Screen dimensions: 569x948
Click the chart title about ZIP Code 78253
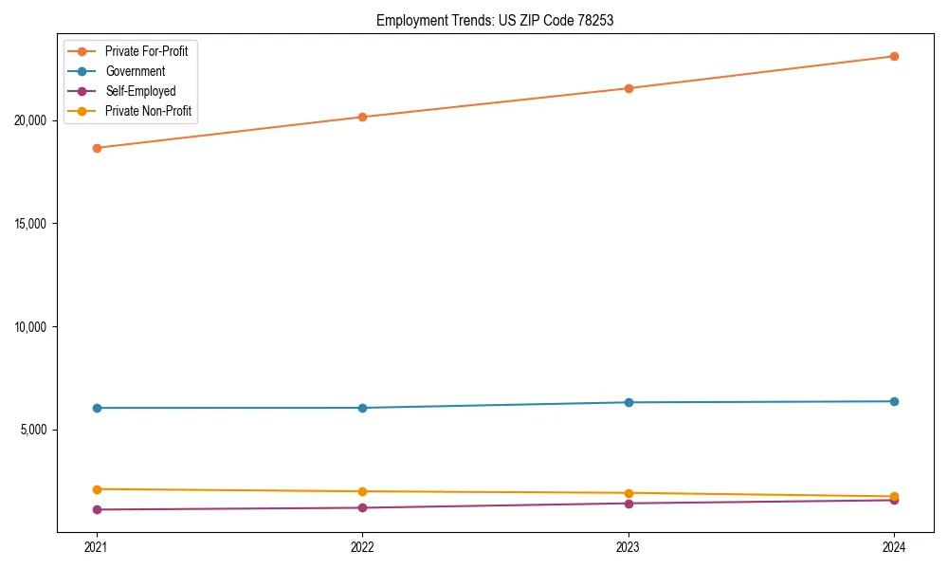pyautogui.click(x=495, y=20)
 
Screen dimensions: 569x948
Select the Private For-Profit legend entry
pyautogui.click(x=146, y=51)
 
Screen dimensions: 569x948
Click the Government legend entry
pyautogui.click(x=135, y=71)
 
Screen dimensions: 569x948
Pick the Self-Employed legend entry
pyautogui.click(x=140, y=91)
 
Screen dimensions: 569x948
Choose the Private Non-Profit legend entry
pyautogui.click(x=148, y=111)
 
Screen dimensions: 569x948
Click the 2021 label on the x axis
pyautogui.click(x=96, y=547)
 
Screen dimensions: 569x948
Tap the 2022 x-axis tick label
pyautogui.click(x=362, y=547)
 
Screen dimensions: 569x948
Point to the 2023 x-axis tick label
pyautogui.click(x=629, y=547)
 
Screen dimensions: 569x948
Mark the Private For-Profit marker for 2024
pyautogui.click(x=895, y=56)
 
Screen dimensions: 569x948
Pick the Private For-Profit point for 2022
pyautogui.click(x=362, y=117)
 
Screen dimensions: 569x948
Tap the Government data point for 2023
pyautogui.click(x=629, y=402)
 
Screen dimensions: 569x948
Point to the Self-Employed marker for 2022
pyautogui.click(x=362, y=507)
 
